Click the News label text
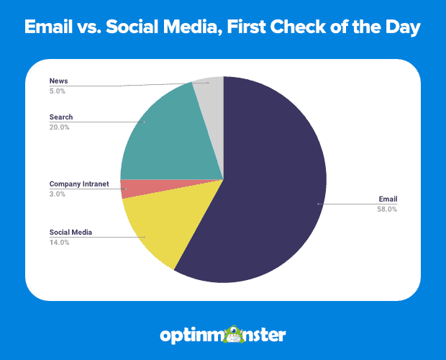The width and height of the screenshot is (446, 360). pos(58,81)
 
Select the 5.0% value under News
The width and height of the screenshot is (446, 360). pos(58,91)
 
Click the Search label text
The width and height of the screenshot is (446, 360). pos(61,117)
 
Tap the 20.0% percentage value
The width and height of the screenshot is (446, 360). pos(60,127)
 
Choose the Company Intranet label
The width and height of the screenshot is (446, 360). pos(79,184)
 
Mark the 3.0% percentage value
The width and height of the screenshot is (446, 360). pos(58,194)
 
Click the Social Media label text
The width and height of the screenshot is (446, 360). pos(70,233)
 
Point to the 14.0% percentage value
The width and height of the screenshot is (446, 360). pos(60,243)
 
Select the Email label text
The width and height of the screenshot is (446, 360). pos(388,199)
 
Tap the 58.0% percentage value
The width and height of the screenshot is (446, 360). pos(386,209)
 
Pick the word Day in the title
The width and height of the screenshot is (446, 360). pos(403,27)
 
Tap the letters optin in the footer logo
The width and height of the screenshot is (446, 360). pos(191,336)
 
